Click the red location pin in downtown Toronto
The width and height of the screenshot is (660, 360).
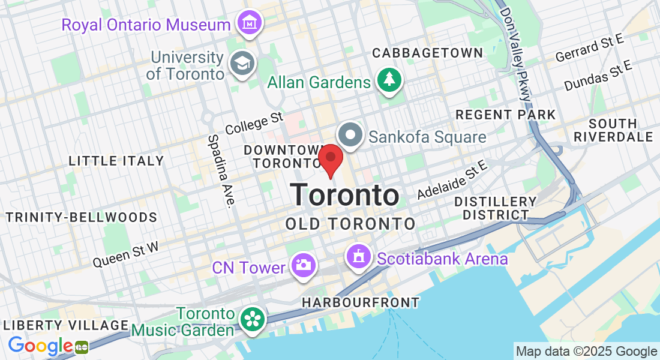(330, 158)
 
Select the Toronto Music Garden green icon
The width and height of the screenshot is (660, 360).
(252, 319)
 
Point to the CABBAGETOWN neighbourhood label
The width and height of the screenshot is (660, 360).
(427, 53)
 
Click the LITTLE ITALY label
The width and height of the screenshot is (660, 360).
(116, 161)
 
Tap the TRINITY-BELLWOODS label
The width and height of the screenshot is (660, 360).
(82, 217)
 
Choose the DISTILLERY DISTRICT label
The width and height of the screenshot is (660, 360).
(495, 208)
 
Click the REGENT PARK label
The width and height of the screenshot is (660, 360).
(505, 115)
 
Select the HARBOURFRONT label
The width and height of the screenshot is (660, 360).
(361, 302)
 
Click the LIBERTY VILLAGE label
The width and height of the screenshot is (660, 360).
(66, 325)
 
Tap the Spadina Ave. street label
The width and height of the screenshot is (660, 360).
(220, 170)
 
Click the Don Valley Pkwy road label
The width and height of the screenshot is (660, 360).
(516, 54)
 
